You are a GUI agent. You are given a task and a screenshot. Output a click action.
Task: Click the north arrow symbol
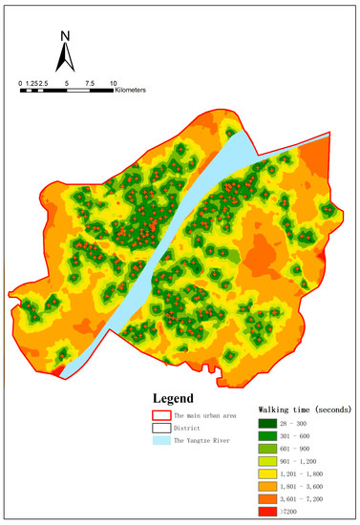64,56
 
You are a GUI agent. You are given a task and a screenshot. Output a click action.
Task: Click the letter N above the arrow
64,37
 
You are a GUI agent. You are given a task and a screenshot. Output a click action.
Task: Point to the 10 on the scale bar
113,84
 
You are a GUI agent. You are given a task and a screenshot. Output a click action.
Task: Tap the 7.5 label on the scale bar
88,84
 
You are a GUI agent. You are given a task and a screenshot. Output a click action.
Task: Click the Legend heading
173,398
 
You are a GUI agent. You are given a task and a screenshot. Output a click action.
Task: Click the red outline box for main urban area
161,416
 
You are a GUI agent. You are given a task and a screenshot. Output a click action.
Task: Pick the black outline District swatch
161,429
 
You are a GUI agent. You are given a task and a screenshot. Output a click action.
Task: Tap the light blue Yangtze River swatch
161,441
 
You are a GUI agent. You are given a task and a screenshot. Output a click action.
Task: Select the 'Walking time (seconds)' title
302,410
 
